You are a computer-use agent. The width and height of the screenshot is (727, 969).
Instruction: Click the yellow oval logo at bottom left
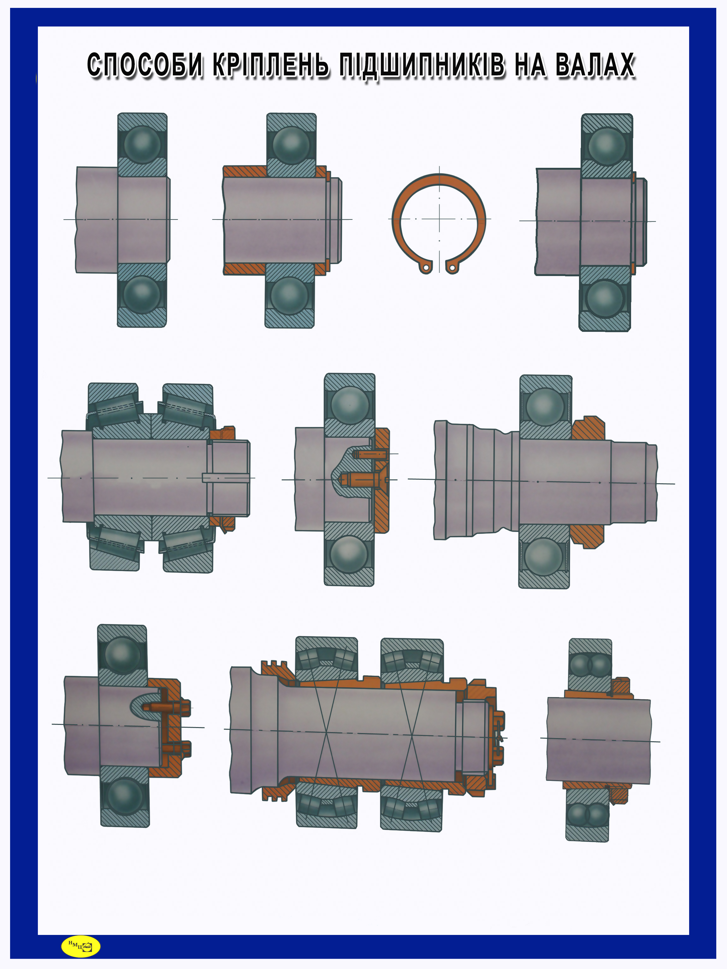pos(81,946)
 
